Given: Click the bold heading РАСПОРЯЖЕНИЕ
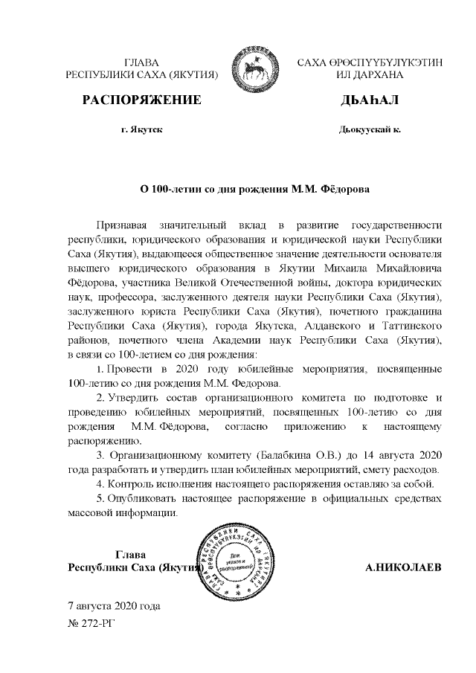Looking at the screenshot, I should pos(141,100).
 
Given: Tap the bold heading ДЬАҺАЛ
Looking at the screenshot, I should pos(370,100).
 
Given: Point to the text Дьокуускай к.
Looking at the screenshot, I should pos(370,129).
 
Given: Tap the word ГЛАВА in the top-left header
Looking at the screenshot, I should pos(141,62).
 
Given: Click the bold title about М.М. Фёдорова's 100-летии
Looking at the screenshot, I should pos(256,189).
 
